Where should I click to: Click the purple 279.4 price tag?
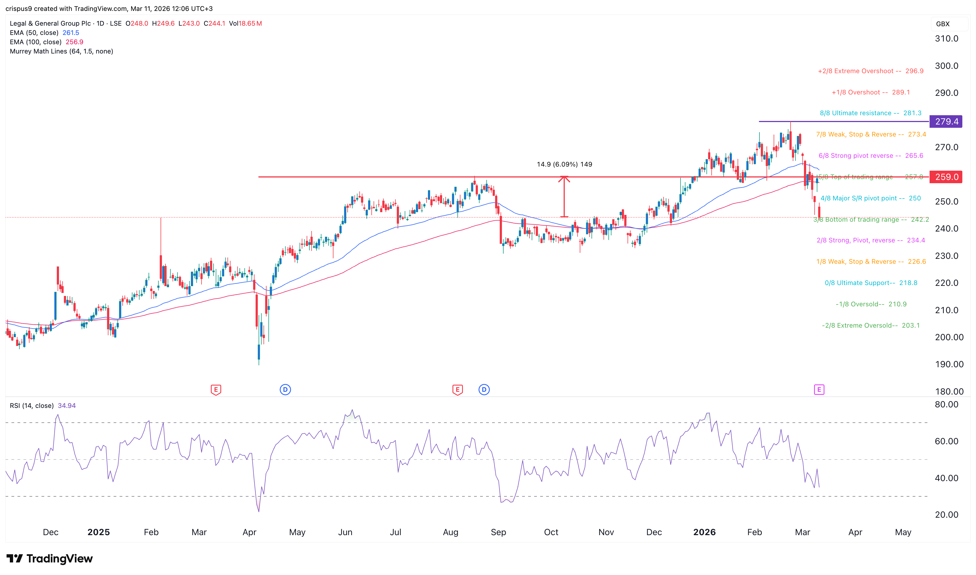pos(946,122)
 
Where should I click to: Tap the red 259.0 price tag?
pos(946,177)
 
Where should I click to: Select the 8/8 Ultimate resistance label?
pos(870,113)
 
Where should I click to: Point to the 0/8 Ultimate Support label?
pos(871,283)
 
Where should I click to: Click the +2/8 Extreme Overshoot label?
pos(870,71)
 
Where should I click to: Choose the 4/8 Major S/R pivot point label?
pos(870,198)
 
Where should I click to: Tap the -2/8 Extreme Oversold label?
pos(870,325)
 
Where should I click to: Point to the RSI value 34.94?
pos(67,406)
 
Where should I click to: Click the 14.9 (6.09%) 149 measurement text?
pos(564,164)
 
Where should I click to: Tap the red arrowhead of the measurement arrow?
pos(564,179)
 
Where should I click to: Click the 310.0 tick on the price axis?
pos(946,39)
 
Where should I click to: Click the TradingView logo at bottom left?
pos(50,558)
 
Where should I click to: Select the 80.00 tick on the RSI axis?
pos(946,405)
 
